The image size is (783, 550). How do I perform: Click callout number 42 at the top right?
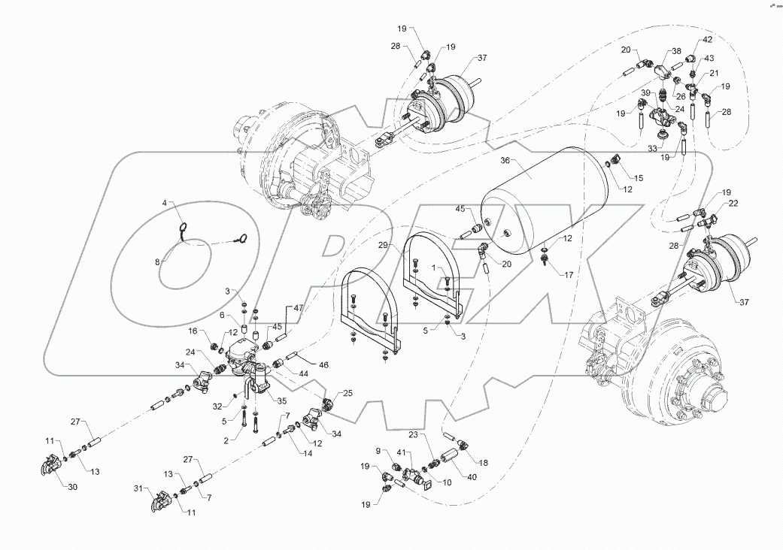(708, 39)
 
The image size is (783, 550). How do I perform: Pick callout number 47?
(299, 308)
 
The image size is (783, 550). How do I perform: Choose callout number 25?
(347, 393)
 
